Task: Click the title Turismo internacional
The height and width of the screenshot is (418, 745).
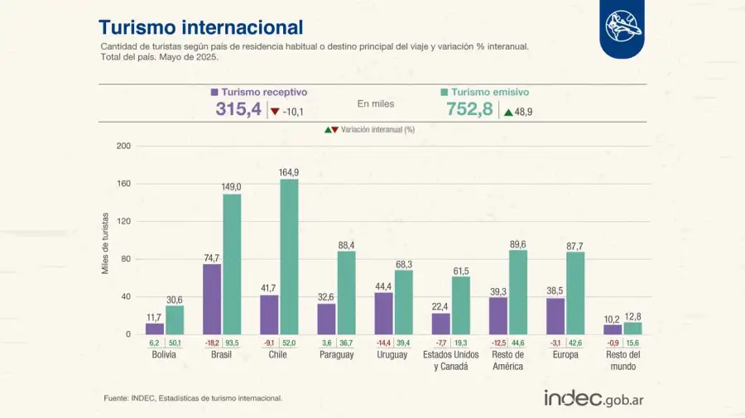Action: [200, 28]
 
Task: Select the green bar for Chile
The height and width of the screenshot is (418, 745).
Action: [289, 257]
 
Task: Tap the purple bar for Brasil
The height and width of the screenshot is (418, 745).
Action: [212, 299]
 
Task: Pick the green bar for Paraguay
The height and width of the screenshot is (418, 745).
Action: [346, 292]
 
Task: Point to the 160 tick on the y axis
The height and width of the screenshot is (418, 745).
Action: [124, 184]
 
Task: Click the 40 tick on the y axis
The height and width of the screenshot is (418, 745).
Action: [126, 296]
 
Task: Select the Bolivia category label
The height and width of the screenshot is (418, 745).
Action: [164, 355]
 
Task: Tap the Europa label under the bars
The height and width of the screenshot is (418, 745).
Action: [565, 355]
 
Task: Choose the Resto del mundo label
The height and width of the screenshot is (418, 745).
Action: [622, 360]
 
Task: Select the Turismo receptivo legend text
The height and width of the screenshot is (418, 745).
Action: [264, 93]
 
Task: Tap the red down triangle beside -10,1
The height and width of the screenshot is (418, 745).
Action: [275, 112]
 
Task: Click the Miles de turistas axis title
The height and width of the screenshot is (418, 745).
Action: [105, 241]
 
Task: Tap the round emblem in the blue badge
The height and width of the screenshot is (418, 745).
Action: [622, 27]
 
